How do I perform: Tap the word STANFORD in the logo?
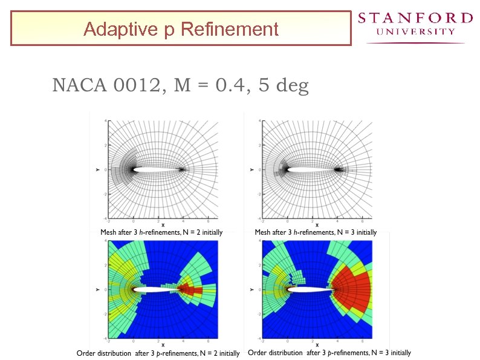415,18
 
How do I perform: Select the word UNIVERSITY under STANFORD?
415,32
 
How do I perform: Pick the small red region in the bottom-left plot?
191,290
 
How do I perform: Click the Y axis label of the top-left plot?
97,170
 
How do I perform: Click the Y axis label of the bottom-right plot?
251,289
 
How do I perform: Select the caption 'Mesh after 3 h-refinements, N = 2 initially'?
161,232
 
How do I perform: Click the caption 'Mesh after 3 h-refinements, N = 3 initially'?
316,232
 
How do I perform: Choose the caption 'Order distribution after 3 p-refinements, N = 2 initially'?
158,353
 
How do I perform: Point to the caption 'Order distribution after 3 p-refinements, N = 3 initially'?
329,353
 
